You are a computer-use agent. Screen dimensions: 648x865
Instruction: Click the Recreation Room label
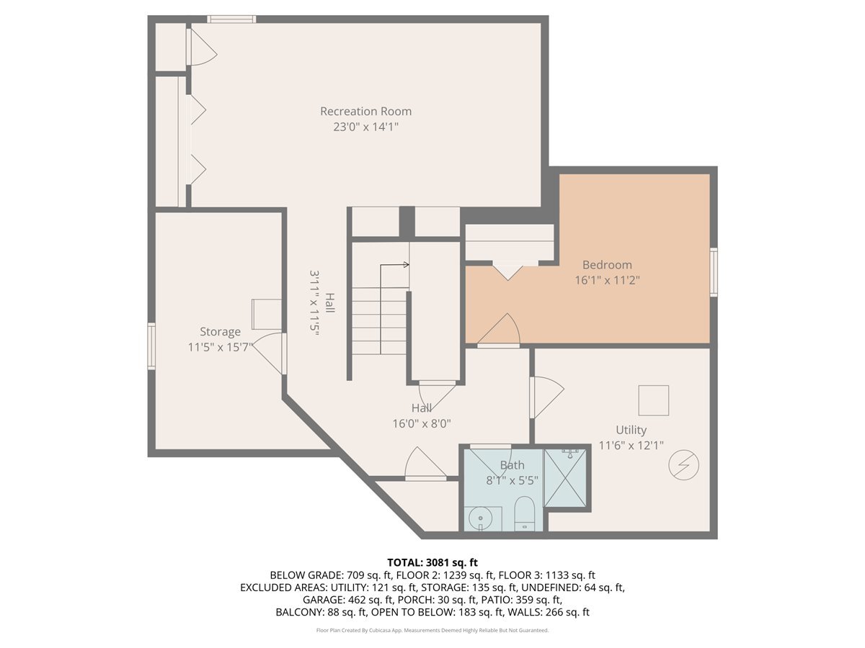(365, 112)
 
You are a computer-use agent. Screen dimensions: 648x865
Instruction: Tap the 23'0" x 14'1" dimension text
(365, 127)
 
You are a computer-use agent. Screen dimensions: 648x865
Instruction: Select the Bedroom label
(607, 265)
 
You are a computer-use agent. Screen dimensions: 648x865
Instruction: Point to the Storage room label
(220, 332)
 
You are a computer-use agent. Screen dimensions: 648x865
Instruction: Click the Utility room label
(631, 431)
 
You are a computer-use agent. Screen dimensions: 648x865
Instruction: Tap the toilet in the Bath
(525, 512)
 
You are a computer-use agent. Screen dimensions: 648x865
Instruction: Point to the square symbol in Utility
(654, 400)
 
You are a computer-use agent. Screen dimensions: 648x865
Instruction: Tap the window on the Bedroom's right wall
(714, 271)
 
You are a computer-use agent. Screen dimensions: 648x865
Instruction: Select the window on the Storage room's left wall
(151, 346)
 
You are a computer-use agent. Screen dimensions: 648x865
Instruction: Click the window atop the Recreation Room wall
(231, 19)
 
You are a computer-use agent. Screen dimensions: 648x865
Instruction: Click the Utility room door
(546, 397)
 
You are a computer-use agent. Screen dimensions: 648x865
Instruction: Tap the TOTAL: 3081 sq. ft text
(432, 562)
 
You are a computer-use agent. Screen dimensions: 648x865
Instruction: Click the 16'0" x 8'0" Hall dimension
(422, 424)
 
